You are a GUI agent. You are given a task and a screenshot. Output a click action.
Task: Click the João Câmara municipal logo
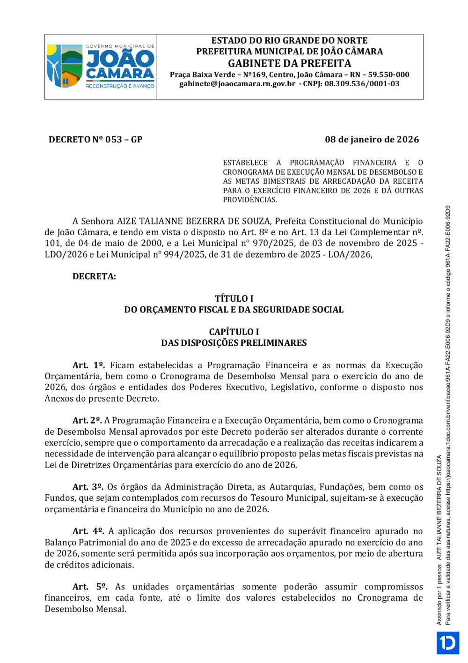click(x=100, y=66)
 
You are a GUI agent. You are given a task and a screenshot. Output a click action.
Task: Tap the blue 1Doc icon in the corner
click(x=447, y=642)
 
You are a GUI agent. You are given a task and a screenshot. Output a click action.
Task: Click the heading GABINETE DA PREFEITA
click(x=289, y=63)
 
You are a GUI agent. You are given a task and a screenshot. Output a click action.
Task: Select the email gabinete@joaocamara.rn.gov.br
click(x=237, y=84)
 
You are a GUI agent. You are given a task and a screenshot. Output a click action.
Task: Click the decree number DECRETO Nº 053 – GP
click(x=95, y=140)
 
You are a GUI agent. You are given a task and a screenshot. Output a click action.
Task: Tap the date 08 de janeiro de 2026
click(x=372, y=140)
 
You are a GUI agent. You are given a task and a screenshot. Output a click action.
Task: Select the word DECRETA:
click(x=94, y=276)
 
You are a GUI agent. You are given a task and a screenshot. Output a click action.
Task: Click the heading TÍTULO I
click(x=234, y=298)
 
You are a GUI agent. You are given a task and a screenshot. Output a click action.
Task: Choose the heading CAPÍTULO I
click(x=234, y=332)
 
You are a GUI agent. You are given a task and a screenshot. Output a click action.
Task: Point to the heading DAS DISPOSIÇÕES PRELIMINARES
click(x=234, y=343)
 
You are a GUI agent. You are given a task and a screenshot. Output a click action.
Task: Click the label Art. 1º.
click(x=88, y=365)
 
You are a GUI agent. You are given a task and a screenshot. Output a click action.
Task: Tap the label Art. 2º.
click(x=87, y=420)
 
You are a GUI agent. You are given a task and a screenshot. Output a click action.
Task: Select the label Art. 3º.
click(x=88, y=487)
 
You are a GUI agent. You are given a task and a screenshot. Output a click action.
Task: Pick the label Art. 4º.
click(x=88, y=531)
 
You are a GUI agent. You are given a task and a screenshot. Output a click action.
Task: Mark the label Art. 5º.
click(x=90, y=587)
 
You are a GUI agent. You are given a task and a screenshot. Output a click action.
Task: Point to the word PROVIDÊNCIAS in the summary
click(x=249, y=200)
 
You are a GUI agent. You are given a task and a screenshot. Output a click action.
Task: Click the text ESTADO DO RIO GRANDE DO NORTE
click(x=289, y=41)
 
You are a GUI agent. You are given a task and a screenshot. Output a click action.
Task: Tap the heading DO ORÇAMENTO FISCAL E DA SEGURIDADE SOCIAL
click(x=234, y=310)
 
